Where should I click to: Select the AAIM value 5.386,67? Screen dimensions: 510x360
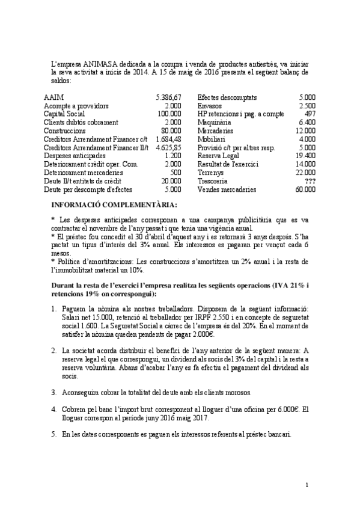168,97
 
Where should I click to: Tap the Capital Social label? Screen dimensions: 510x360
64,114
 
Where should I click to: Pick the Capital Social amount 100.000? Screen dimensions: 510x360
169,114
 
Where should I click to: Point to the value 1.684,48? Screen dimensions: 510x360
168,139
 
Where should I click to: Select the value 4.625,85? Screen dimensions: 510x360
168,147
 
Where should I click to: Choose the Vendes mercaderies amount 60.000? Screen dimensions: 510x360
305,189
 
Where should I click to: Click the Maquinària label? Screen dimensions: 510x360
215,122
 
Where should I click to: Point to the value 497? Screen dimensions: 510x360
310,114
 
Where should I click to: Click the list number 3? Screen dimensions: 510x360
53,392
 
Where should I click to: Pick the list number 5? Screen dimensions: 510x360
53,434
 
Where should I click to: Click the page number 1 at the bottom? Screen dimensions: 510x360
307,485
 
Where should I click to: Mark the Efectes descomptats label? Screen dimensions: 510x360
227,97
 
